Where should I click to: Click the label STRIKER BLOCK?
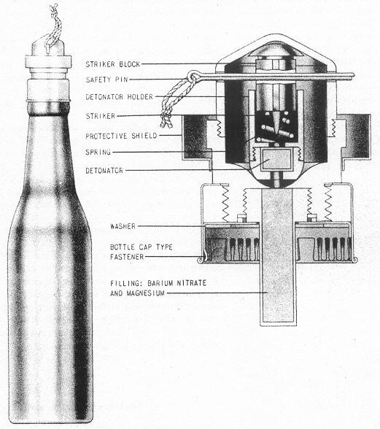click(x=113, y=64)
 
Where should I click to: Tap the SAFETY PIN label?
click(x=106, y=80)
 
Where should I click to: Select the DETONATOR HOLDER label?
click(x=119, y=97)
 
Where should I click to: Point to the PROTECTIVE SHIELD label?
click(x=121, y=136)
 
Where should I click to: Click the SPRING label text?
click(x=98, y=152)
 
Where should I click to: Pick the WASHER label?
click(x=123, y=226)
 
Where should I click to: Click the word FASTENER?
click(x=127, y=257)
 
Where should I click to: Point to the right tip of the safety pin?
click(x=354, y=74)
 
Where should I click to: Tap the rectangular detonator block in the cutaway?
click(x=276, y=160)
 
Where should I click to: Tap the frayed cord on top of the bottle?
click(x=55, y=26)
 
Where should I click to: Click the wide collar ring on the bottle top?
click(x=48, y=62)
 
